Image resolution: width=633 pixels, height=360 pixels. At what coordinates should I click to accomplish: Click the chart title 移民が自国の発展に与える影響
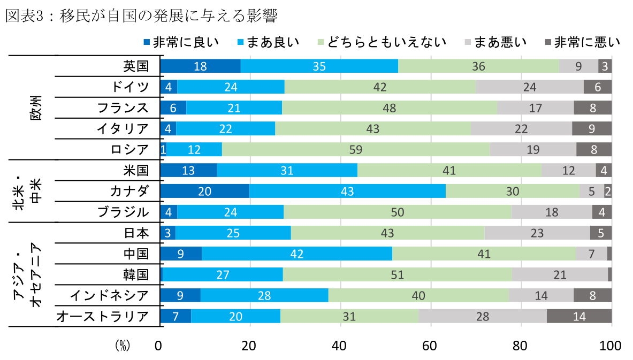coord(141,16)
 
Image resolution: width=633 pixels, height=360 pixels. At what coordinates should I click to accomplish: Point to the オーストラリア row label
coord(103,316)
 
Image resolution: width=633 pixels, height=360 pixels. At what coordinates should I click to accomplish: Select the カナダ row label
coord(128,191)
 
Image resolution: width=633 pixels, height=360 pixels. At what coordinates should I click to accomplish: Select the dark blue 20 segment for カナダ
coord(205,191)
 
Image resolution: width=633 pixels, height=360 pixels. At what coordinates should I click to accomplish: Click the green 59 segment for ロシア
coord(356,149)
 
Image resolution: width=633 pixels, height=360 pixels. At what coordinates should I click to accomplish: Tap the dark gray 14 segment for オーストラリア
coord(579,316)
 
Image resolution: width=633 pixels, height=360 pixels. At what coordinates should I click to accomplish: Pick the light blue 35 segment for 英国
coord(319,66)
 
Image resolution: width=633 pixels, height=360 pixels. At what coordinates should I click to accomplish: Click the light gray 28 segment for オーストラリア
coord(483,316)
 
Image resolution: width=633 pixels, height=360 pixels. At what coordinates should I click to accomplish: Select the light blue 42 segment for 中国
coord(297,254)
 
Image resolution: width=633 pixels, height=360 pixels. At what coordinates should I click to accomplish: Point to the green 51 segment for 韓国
coord(398,274)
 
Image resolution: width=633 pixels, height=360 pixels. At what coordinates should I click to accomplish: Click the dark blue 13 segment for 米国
coord(189,170)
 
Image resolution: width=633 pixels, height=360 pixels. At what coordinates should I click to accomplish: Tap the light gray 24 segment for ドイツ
coord(530,87)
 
